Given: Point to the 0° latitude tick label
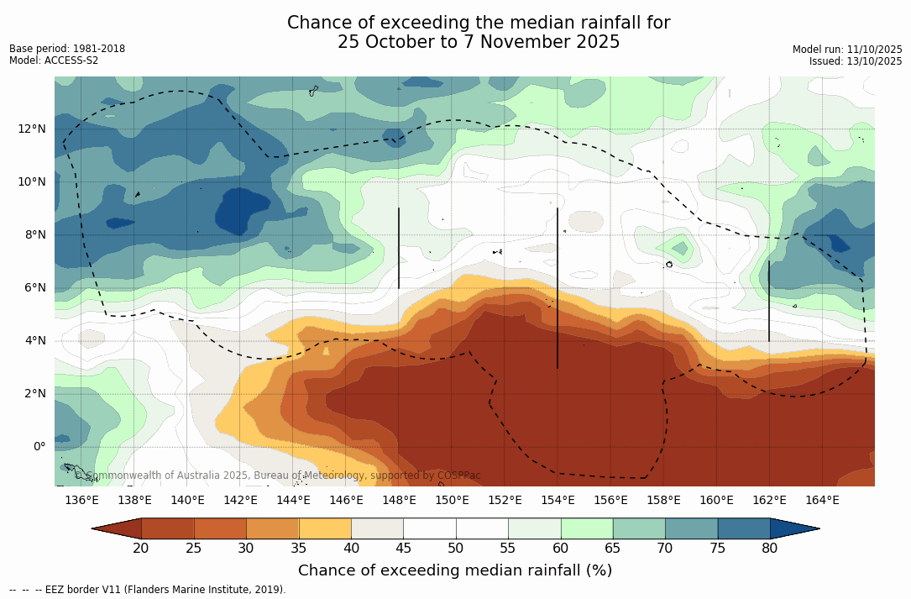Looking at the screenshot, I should pyautogui.click(x=39, y=446).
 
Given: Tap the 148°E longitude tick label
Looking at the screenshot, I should pyautogui.click(x=399, y=500).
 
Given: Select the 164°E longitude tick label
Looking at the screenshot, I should pyautogui.click(x=822, y=500).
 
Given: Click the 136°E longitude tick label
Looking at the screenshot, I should pyautogui.click(x=81, y=500).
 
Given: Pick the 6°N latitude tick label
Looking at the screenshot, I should pyautogui.click(x=34, y=287).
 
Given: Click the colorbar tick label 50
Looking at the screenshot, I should pyautogui.click(x=456, y=549).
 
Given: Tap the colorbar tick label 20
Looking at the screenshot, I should pyautogui.click(x=141, y=549).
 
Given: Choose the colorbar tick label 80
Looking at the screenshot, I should pyautogui.click(x=770, y=549).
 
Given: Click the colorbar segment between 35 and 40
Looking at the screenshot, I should pyautogui.click(x=325, y=528).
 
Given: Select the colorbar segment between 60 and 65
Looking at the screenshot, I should pyautogui.click(x=587, y=528).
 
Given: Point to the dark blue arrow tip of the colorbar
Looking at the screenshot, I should pyautogui.click(x=798, y=528).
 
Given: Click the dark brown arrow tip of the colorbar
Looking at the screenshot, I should pyautogui.click(x=114, y=528).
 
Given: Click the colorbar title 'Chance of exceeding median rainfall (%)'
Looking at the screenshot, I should pyautogui.click(x=455, y=570).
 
